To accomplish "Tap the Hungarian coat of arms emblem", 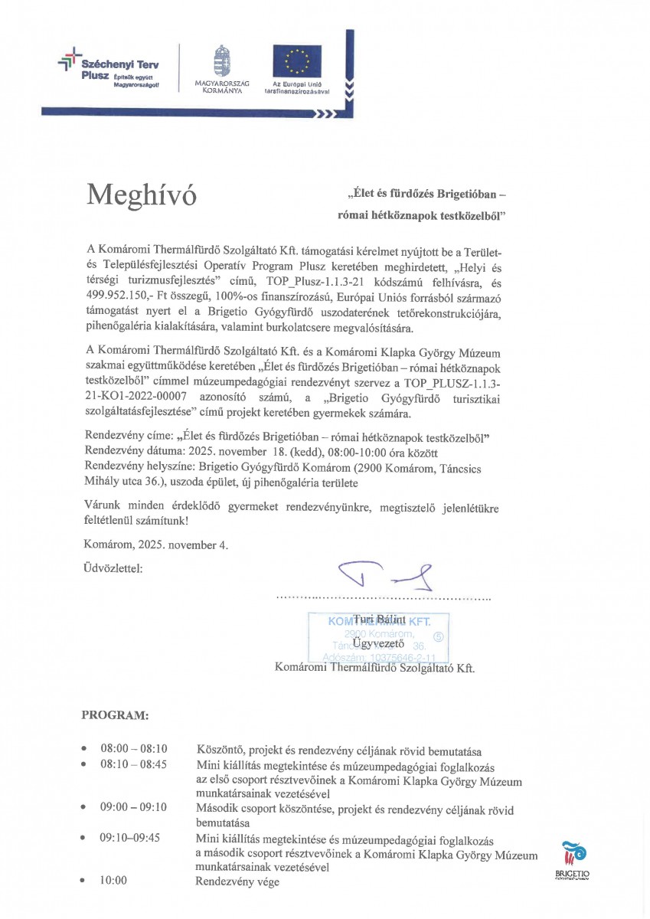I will pyautogui.click(x=222, y=60).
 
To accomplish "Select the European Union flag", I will pyautogui.click(x=297, y=61).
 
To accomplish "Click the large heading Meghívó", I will pyautogui.click(x=142, y=195).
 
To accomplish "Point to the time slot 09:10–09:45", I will pyautogui.click(x=129, y=837).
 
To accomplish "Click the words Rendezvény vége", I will pyautogui.click(x=238, y=881).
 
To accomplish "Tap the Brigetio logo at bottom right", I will pyautogui.click(x=572, y=858).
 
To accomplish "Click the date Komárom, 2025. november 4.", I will pyautogui.click(x=155, y=545).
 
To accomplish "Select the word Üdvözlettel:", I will pyautogui.click(x=112, y=568).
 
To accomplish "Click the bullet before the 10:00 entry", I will pyautogui.click(x=83, y=881).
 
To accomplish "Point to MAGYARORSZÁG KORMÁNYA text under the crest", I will pyautogui.click(x=222, y=87).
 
